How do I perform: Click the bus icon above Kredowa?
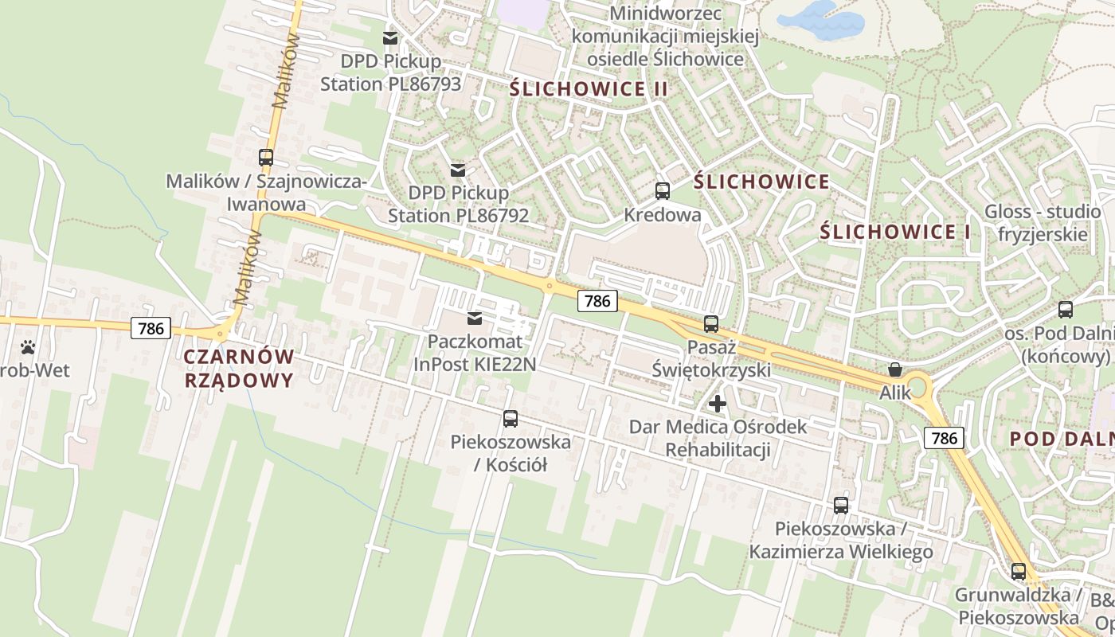click(x=662, y=191)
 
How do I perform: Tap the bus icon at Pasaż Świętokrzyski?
click(x=710, y=324)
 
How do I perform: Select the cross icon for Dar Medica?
click(x=718, y=404)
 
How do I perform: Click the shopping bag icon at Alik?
click(x=895, y=369)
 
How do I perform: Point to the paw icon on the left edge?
click(x=29, y=347)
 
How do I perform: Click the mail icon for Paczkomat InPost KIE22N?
click(x=475, y=318)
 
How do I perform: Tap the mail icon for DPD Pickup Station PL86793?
click(x=390, y=38)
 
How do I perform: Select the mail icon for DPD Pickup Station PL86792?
click(x=458, y=170)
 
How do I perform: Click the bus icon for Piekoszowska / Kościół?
click(x=511, y=419)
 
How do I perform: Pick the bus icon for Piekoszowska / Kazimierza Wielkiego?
click(x=841, y=506)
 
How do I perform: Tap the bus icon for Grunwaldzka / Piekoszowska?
click(x=1018, y=572)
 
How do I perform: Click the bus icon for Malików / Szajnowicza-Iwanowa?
click(x=266, y=158)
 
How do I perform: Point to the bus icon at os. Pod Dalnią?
click(x=1065, y=310)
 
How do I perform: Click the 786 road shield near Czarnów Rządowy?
click(x=151, y=328)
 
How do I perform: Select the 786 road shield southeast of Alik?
click(x=944, y=438)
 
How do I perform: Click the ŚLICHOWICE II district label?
click(x=589, y=89)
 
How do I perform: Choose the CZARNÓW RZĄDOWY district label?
click(x=239, y=368)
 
